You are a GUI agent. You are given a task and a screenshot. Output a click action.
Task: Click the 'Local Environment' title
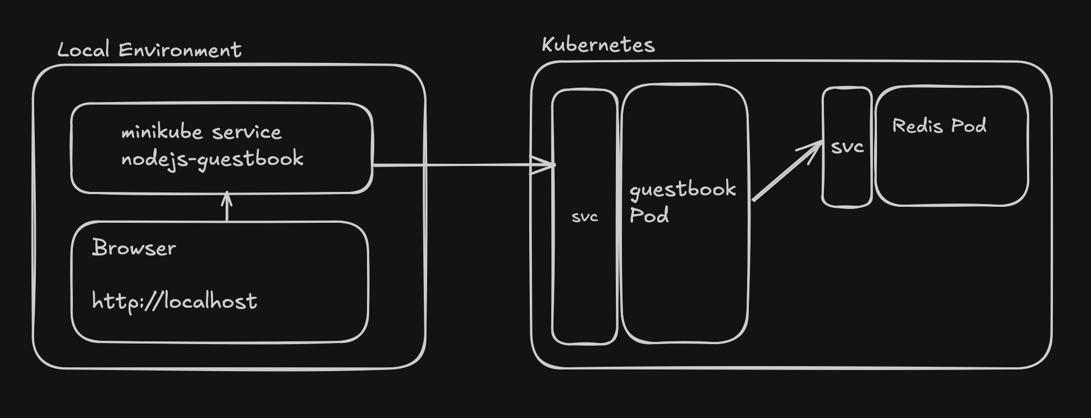(149, 50)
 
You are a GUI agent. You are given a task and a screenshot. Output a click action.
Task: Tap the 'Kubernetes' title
(598, 45)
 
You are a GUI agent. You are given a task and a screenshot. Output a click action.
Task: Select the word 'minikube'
(162, 132)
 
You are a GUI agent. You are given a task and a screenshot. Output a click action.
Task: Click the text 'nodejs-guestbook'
(212, 159)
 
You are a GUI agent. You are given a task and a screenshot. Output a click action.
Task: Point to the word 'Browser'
(134, 248)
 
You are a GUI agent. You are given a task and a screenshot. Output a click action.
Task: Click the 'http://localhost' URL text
(174, 302)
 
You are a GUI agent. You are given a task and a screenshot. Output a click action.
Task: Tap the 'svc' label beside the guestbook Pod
(585, 217)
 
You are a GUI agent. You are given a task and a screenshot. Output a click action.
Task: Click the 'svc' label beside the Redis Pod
(847, 147)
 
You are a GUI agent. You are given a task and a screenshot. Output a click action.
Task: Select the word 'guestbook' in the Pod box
(683, 190)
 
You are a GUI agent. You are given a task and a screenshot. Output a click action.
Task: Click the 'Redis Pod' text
(939, 126)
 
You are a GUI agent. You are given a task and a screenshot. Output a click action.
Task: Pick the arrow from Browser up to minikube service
(227, 207)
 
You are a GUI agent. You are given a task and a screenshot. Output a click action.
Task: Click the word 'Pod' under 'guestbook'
(649, 215)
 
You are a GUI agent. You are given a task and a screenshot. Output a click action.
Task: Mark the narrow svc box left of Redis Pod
(847, 182)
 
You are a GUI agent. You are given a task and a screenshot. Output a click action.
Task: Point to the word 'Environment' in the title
(180, 50)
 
